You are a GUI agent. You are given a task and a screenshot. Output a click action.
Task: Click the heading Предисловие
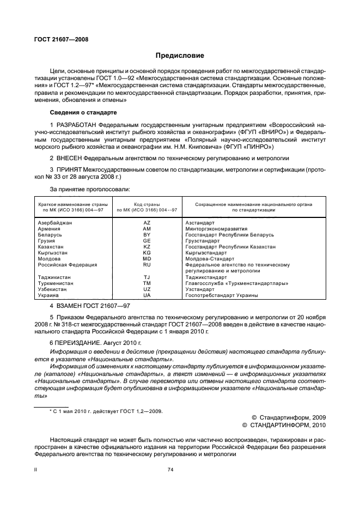point(180,56)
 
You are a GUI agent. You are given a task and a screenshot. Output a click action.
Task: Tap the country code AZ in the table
point(147,223)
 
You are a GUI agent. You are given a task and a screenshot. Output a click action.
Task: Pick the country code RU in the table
point(147,265)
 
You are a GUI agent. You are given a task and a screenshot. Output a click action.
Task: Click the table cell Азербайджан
point(55,223)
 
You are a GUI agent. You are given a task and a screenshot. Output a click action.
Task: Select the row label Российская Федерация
point(68,265)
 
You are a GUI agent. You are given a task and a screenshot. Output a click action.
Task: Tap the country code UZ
point(147,289)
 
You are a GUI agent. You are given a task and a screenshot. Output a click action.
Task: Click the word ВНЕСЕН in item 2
point(69,158)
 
